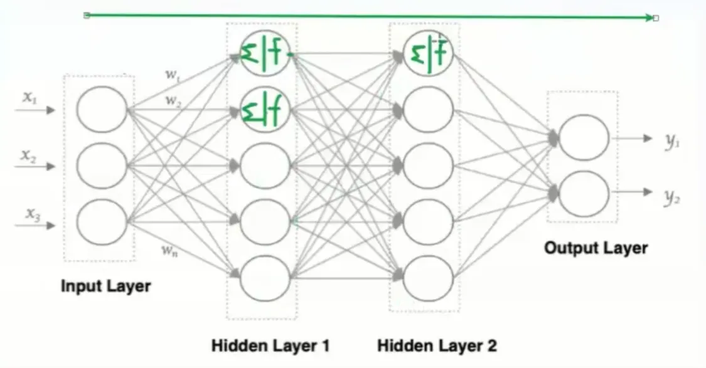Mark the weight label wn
[x=169, y=252]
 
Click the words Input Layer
[x=105, y=287]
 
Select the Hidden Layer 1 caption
[x=270, y=345]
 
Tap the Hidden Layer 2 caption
[x=437, y=345]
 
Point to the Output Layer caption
[x=596, y=248]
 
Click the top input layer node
[x=102, y=109]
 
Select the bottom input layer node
[x=102, y=222]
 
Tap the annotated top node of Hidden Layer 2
[x=428, y=55]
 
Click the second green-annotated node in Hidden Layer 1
[x=265, y=110]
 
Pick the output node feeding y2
[x=584, y=194]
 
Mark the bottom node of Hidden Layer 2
[x=428, y=276]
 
